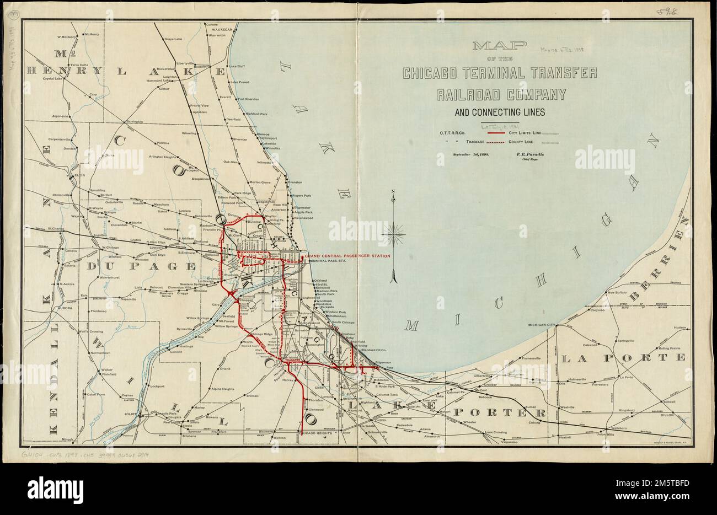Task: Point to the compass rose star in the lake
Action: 394,230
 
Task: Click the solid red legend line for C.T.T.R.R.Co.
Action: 497,133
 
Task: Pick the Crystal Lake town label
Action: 54,79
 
